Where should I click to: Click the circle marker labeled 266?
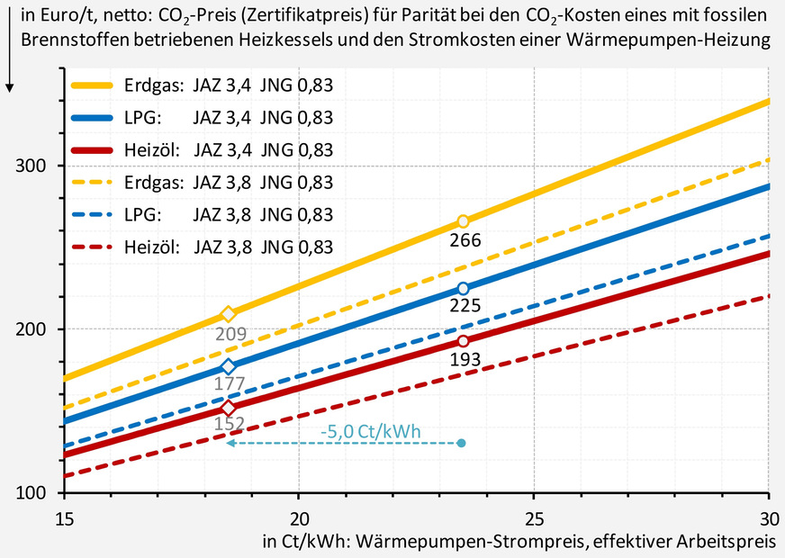[x=463, y=221]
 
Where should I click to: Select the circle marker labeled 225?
[x=463, y=288]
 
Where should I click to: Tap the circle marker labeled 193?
[x=463, y=341]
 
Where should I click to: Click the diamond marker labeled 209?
[x=228, y=314]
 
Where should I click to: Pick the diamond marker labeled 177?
[x=228, y=366]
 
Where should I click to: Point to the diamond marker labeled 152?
[x=228, y=408]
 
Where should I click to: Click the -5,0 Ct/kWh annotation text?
[x=370, y=431]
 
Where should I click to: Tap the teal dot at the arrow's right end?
[x=463, y=443]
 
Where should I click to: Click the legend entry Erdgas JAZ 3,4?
[x=203, y=85]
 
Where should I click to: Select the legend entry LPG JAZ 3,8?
[x=203, y=215]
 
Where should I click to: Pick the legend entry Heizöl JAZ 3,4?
[x=203, y=150]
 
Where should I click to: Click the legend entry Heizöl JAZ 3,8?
[x=203, y=247]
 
